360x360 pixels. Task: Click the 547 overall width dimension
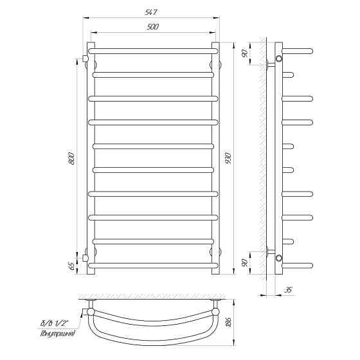tap(151, 12)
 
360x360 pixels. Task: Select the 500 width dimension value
tap(152, 27)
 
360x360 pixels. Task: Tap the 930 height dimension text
tap(229, 158)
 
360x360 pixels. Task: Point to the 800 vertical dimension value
tap(71, 158)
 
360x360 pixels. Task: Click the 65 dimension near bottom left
tap(71, 266)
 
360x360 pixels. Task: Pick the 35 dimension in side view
tap(288, 290)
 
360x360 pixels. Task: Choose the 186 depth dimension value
tap(229, 323)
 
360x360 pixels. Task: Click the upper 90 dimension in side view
tap(245, 53)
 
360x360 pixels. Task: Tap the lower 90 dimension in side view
tap(245, 263)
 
